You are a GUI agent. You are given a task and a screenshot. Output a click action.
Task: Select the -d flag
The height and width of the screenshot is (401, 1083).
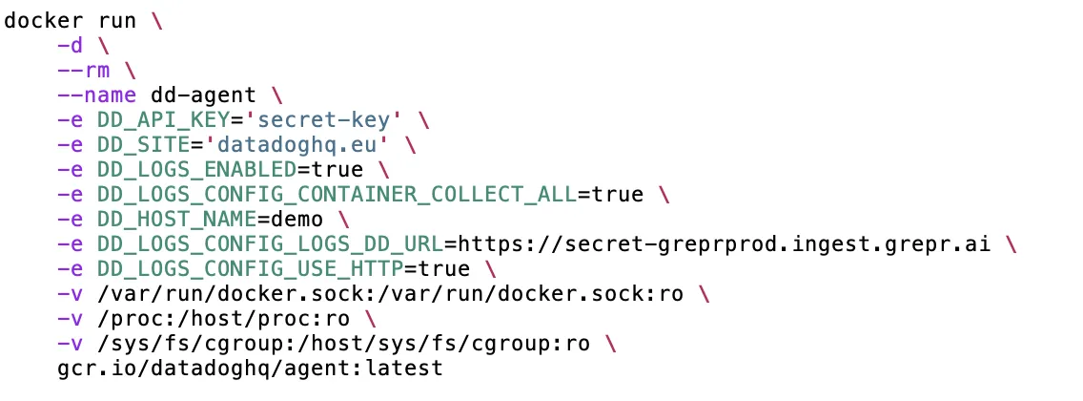[71, 45]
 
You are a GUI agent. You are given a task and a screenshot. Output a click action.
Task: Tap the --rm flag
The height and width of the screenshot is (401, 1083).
[84, 70]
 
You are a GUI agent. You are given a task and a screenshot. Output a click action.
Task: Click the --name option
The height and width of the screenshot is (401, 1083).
[96, 95]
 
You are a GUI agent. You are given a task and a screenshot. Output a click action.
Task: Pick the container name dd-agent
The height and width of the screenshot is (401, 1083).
[203, 95]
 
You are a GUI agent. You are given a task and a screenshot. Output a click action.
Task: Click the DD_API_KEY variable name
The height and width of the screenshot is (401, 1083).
[163, 119]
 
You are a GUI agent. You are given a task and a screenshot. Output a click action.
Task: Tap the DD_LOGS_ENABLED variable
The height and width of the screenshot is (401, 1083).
[196, 169]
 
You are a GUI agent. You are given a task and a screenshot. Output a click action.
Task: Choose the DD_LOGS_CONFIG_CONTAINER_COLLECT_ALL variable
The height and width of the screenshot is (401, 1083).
[336, 194]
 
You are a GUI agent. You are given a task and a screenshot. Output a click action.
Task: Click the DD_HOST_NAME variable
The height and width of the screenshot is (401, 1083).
[176, 220]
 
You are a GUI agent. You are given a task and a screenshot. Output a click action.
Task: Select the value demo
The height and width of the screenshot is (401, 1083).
[296, 220]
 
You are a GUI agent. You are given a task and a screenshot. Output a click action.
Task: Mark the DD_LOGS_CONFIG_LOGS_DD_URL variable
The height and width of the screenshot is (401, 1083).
[270, 244]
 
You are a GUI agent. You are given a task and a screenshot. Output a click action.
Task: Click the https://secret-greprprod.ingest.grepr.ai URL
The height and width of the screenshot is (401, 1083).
[723, 244]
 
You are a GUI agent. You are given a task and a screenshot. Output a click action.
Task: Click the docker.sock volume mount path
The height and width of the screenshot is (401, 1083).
[390, 294]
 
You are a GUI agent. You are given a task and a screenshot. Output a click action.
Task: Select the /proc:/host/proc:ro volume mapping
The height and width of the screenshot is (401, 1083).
[223, 319]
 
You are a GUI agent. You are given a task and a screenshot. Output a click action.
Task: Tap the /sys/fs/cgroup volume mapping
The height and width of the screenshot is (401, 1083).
[343, 344]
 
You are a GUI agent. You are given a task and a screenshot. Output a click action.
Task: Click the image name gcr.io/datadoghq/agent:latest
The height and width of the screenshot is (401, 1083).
[250, 369]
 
